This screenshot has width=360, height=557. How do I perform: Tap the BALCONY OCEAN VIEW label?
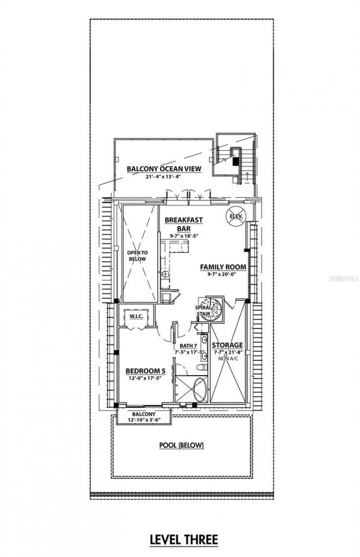(163, 169)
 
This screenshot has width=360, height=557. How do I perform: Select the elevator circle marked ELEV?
(236, 217)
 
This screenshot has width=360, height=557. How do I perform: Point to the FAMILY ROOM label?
(223, 267)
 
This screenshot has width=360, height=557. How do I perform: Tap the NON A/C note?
(228, 359)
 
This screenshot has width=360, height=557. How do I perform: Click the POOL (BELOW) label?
(181, 445)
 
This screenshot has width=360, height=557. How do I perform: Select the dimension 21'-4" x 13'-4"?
(163, 177)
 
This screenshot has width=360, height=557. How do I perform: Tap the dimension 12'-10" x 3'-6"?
(144, 420)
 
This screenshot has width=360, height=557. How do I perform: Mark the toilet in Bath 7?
(202, 367)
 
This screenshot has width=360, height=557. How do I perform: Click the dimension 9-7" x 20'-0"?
(223, 274)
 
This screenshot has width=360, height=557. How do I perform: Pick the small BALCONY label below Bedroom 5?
(144, 413)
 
